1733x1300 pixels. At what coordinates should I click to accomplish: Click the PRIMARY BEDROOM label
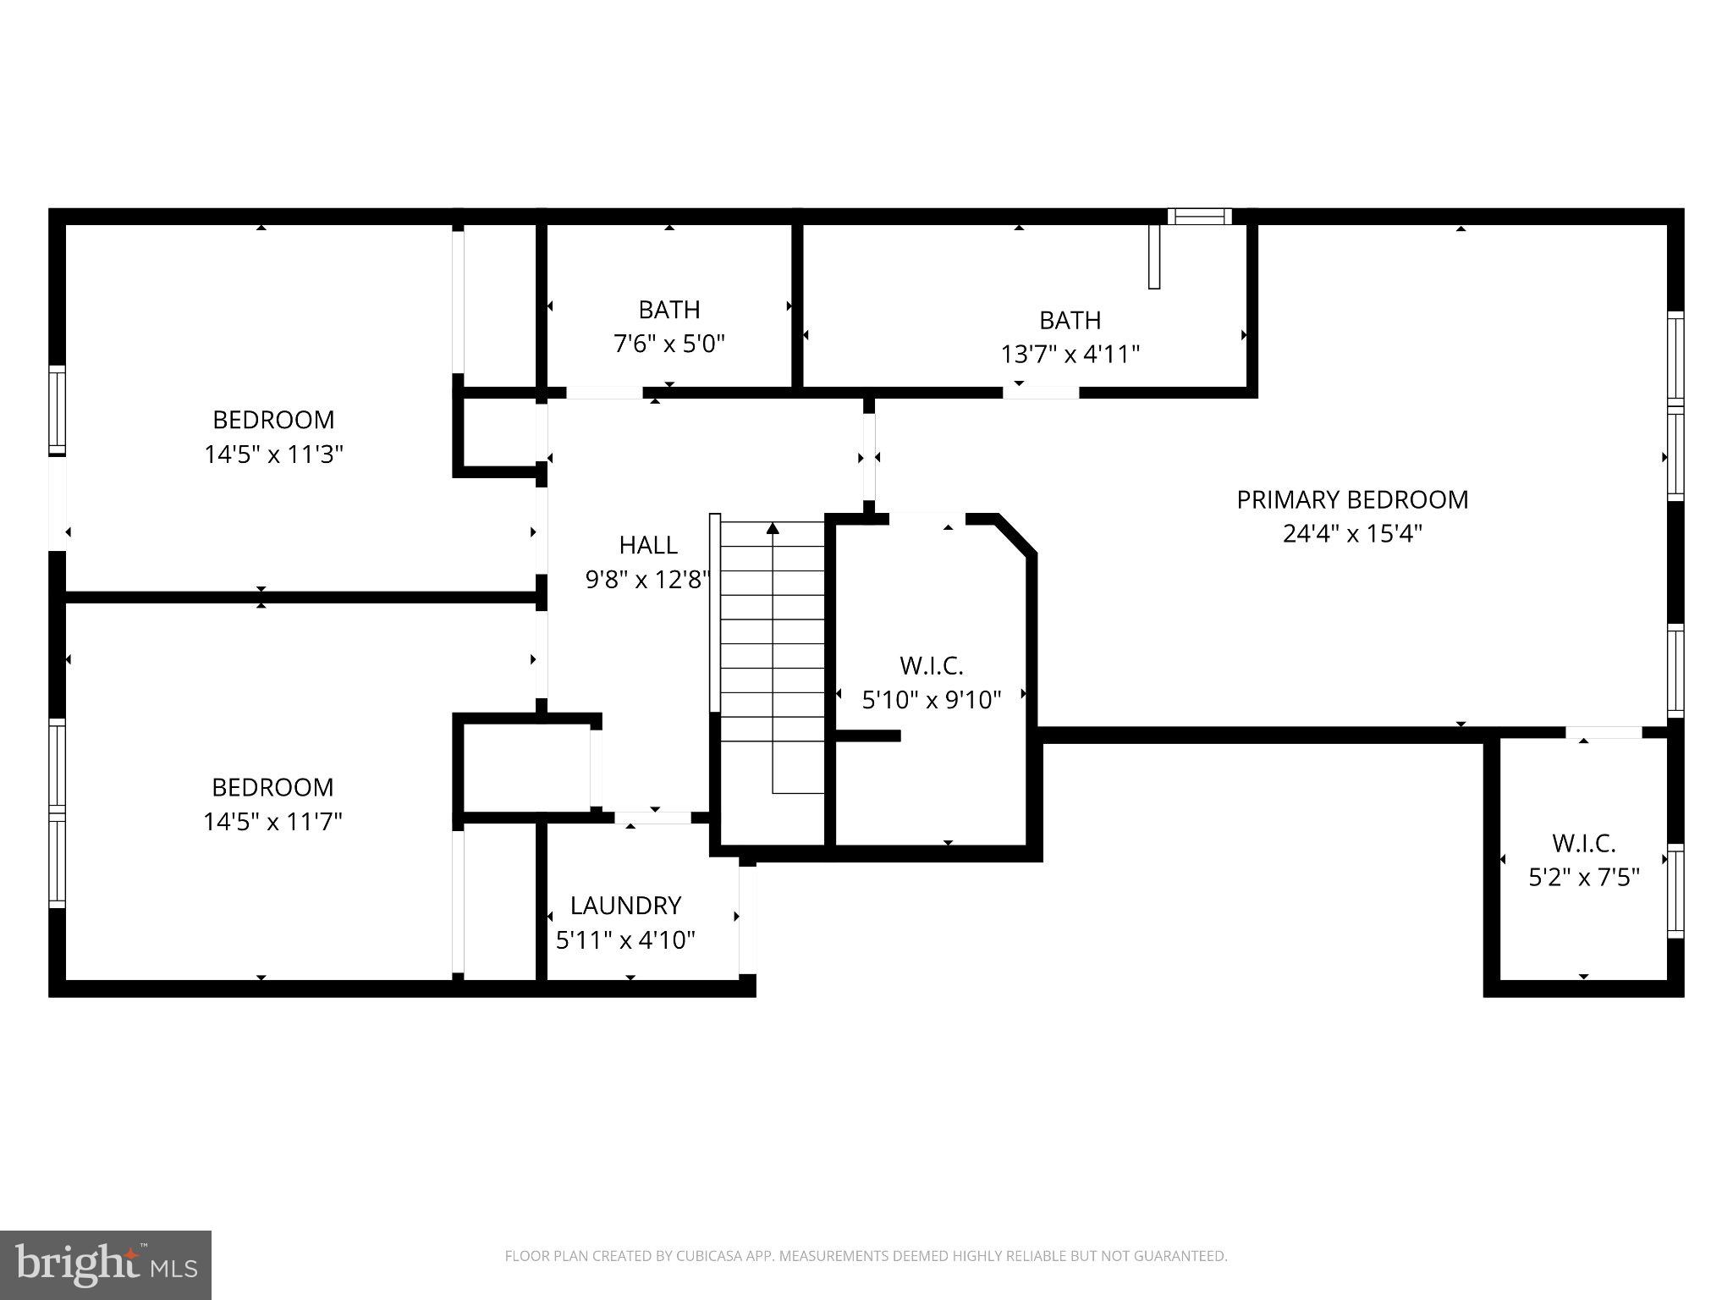tap(1351, 499)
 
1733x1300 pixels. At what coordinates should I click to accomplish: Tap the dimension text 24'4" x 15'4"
tap(1351, 534)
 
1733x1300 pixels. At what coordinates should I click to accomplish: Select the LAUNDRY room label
tap(625, 906)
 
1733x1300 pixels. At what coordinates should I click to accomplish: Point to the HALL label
tap(648, 544)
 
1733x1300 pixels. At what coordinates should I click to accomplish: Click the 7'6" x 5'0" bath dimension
tap(668, 344)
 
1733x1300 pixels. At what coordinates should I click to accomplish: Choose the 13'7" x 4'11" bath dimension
tap(1070, 354)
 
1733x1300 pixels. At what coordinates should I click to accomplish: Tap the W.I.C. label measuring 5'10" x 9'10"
tap(931, 666)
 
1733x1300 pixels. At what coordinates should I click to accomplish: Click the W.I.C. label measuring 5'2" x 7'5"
tap(1583, 844)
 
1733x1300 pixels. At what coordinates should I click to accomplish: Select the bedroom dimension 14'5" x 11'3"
tap(272, 454)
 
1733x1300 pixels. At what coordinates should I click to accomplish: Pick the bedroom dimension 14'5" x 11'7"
tap(272, 822)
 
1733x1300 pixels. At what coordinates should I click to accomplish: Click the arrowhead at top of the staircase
tap(773, 529)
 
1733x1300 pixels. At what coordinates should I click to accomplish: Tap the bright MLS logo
tap(106, 1264)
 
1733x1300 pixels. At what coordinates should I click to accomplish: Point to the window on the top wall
tap(1199, 217)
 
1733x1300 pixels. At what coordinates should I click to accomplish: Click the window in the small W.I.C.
tap(1675, 890)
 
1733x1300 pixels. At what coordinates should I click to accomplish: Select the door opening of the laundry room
tap(652, 818)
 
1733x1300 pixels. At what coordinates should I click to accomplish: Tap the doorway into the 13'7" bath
tap(1041, 392)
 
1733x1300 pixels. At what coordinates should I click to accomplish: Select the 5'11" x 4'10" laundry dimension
tap(625, 940)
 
